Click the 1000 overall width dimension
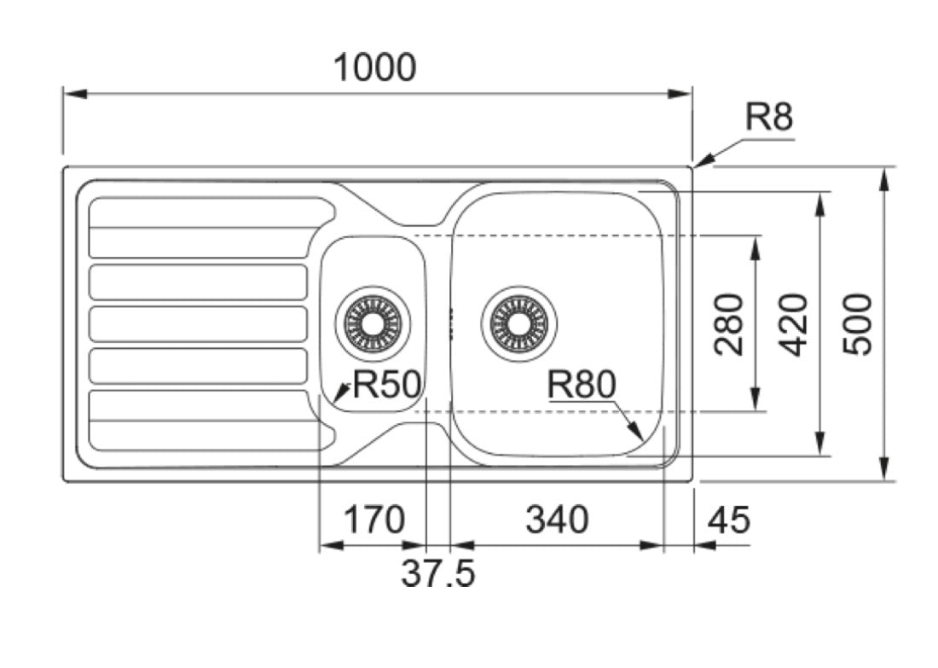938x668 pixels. pos(374,67)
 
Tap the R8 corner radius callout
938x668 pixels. pos(768,117)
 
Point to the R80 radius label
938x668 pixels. pos(582,384)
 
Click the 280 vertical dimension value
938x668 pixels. pos(729,324)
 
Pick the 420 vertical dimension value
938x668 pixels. pos(795,324)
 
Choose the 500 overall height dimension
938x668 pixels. pos(858,324)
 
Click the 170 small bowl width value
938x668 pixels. pos(373,520)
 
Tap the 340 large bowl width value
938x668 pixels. pos(557,520)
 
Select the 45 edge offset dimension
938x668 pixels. pos(728,520)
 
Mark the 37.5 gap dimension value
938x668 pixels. pos(438,572)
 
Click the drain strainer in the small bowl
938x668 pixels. pos(373,324)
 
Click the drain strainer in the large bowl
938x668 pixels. pos(518,324)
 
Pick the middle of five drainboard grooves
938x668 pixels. pos(198,324)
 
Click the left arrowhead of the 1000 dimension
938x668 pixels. pos(75,94)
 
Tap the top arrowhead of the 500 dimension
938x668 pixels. pos(884,178)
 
